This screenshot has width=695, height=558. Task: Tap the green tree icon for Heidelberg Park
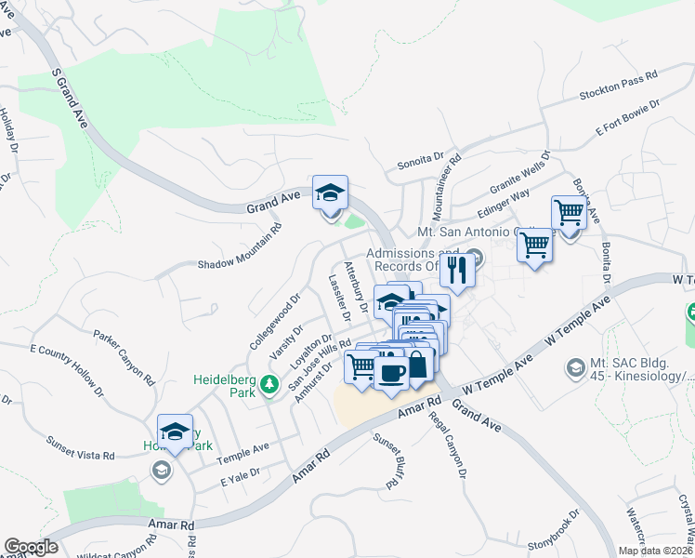point(269,383)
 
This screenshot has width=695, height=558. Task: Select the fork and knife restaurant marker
point(456,269)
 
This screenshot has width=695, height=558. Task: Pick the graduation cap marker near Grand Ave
point(330,193)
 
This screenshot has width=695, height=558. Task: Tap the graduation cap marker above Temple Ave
point(175,432)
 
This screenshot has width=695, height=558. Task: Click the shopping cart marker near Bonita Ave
point(568,213)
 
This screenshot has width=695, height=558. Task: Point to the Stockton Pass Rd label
point(618,85)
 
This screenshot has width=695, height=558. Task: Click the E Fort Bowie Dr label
point(628,118)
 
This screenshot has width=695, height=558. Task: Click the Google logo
point(31,547)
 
